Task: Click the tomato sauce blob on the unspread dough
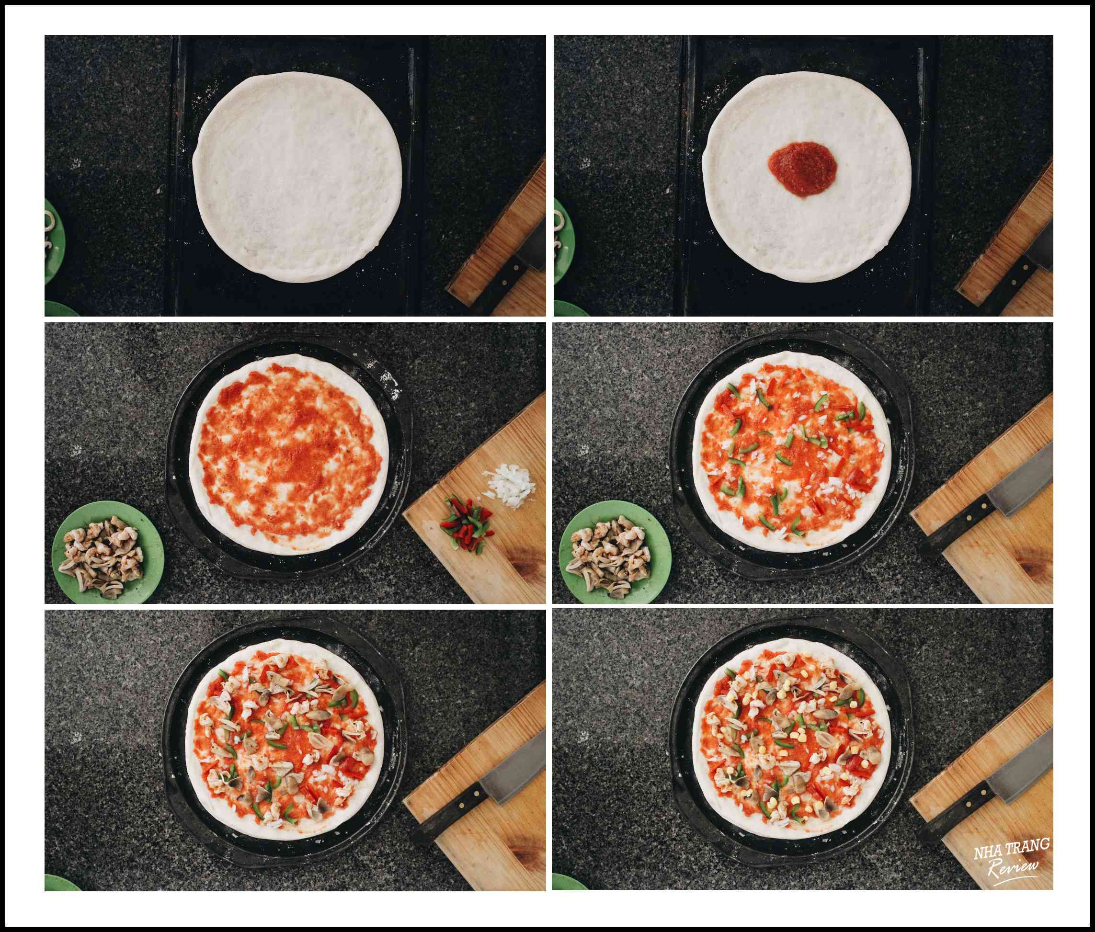[x=802, y=169]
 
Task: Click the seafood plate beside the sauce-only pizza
[x=108, y=552]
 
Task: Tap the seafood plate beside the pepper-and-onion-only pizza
[x=615, y=552]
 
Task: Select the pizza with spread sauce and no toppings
[x=289, y=455]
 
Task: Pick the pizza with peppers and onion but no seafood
[x=791, y=455]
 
